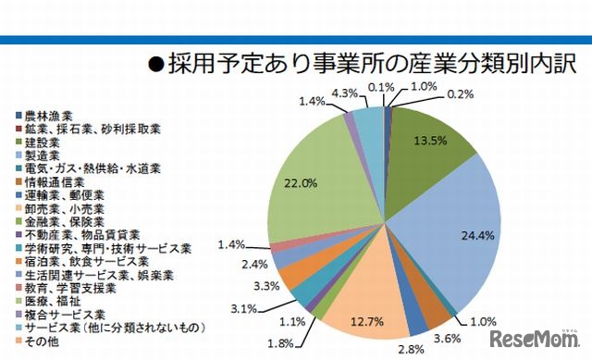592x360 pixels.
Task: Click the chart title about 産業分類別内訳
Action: tap(361, 65)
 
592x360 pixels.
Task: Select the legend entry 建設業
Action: tap(43, 143)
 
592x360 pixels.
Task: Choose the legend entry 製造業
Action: tap(43, 156)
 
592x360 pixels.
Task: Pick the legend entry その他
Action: tap(43, 341)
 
